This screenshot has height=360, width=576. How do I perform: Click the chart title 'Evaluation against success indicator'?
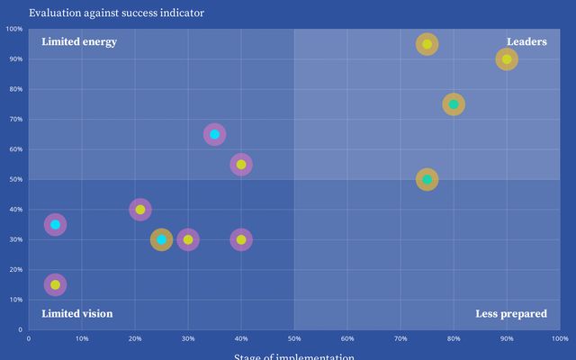[x=116, y=13]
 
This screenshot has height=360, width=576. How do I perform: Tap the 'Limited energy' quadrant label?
[x=79, y=41]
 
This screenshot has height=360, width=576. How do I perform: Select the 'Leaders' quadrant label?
[x=526, y=41]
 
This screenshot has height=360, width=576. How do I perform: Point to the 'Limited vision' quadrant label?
[x=77, y=314]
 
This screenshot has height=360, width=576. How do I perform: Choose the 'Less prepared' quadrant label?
[x=511, y=314]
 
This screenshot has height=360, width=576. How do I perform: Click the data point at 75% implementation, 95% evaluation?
[x=427, y=44]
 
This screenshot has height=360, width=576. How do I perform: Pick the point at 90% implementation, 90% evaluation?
[x=507, y=59]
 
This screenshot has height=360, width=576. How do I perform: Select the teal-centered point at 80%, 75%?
[x=454, y=104]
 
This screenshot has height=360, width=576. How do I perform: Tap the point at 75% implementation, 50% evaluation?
[x=427, y=179]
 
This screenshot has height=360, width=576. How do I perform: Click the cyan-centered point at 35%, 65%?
[x=214, y=134]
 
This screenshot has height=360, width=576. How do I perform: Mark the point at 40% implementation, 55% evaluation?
[x=241, y=165]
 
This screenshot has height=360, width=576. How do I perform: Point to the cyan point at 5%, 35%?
[x=55, y=224]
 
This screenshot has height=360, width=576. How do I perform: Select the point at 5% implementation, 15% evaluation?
[x=55, y=284]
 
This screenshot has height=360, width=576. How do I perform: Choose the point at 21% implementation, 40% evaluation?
[x=139, y=210]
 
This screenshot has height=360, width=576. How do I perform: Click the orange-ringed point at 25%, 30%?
[x=161, y=239]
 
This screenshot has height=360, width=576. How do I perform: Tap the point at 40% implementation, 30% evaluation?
[x=241, y=239]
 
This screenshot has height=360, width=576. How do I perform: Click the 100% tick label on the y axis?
[x=13, y=29]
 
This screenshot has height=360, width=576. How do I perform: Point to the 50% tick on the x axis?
[x=294, y=338]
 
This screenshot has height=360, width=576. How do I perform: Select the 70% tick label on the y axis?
[x=15, y=119]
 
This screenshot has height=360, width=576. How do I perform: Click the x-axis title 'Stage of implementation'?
[x=294, y=356]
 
